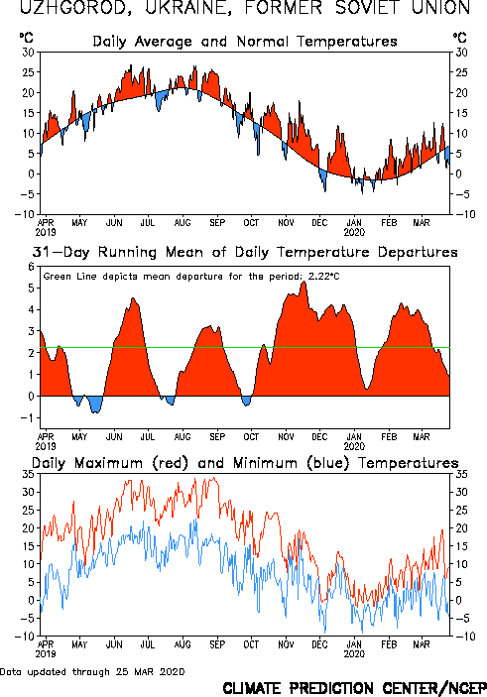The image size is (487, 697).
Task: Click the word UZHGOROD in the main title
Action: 75,8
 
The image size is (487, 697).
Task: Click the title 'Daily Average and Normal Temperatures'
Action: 245,42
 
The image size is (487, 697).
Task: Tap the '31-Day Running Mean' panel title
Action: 245,252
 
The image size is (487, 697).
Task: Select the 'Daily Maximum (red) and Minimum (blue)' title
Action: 245,463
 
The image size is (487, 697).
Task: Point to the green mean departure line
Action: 245,348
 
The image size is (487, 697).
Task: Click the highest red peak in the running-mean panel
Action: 304,282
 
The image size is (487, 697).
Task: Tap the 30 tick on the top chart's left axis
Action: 29,53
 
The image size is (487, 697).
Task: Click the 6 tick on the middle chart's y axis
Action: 31,267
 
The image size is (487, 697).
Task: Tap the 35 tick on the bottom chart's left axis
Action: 29,474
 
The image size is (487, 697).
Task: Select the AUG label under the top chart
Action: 183,223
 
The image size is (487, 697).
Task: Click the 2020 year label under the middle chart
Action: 354,446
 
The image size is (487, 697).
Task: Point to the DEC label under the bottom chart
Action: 319,644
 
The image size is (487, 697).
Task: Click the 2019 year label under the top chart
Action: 46,232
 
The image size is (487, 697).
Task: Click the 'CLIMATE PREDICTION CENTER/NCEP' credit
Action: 354,688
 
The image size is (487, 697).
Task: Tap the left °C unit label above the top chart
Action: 26,38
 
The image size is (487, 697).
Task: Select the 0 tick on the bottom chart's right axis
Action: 458,600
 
